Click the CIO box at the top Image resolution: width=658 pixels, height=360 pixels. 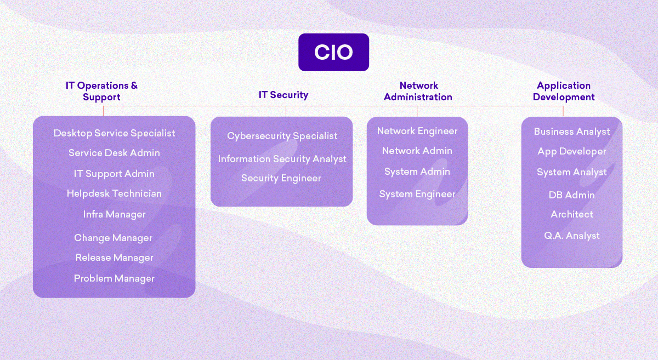tap(333, 52)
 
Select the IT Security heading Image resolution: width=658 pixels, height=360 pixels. tap(283, 95)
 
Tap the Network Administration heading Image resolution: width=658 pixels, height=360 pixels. tap(418, 91)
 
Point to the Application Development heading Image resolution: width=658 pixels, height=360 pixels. tap(564, 91)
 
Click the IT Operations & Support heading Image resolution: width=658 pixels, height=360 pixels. tap(102, 91)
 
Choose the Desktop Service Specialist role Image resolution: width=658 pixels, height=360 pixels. tap(115, 133)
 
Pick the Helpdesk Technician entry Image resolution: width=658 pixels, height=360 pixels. tap(114, 193)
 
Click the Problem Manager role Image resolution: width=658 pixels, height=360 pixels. tap(114, 278)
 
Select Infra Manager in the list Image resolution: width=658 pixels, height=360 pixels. tap(114, 214)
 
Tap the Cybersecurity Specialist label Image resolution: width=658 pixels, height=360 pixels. tap(282, 136)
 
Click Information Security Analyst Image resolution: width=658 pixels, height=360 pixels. tap(282, 159)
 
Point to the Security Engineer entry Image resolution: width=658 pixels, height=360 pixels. tap(281, 178)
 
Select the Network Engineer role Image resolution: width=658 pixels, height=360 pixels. tap(417, 131)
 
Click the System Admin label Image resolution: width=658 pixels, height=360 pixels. tap(417, 172)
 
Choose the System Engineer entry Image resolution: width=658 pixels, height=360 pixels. tap(417, 194)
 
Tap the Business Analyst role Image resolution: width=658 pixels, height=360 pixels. tap(572, 132)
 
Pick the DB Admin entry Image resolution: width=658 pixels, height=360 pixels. tap(572, 195)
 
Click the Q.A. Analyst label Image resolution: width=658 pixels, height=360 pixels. tap(572, 236)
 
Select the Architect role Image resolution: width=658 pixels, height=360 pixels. tap(572, 214)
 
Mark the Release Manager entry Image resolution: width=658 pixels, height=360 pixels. tap(114, 258)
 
